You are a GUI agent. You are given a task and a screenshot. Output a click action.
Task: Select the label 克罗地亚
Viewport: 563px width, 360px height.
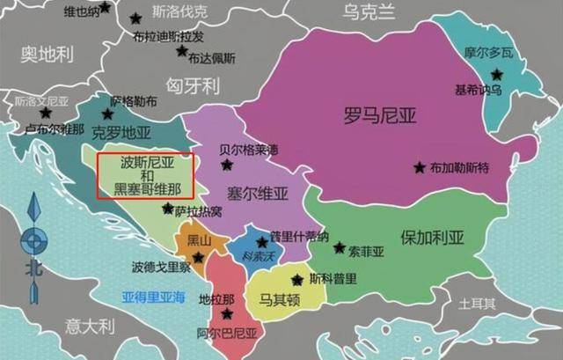(122, 133)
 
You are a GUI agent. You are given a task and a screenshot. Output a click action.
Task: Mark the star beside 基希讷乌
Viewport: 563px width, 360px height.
(497, 74)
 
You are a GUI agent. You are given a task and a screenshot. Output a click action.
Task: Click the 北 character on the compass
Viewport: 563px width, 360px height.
(35, 268)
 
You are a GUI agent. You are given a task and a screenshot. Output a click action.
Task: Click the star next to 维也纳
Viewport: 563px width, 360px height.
(106, 7)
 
